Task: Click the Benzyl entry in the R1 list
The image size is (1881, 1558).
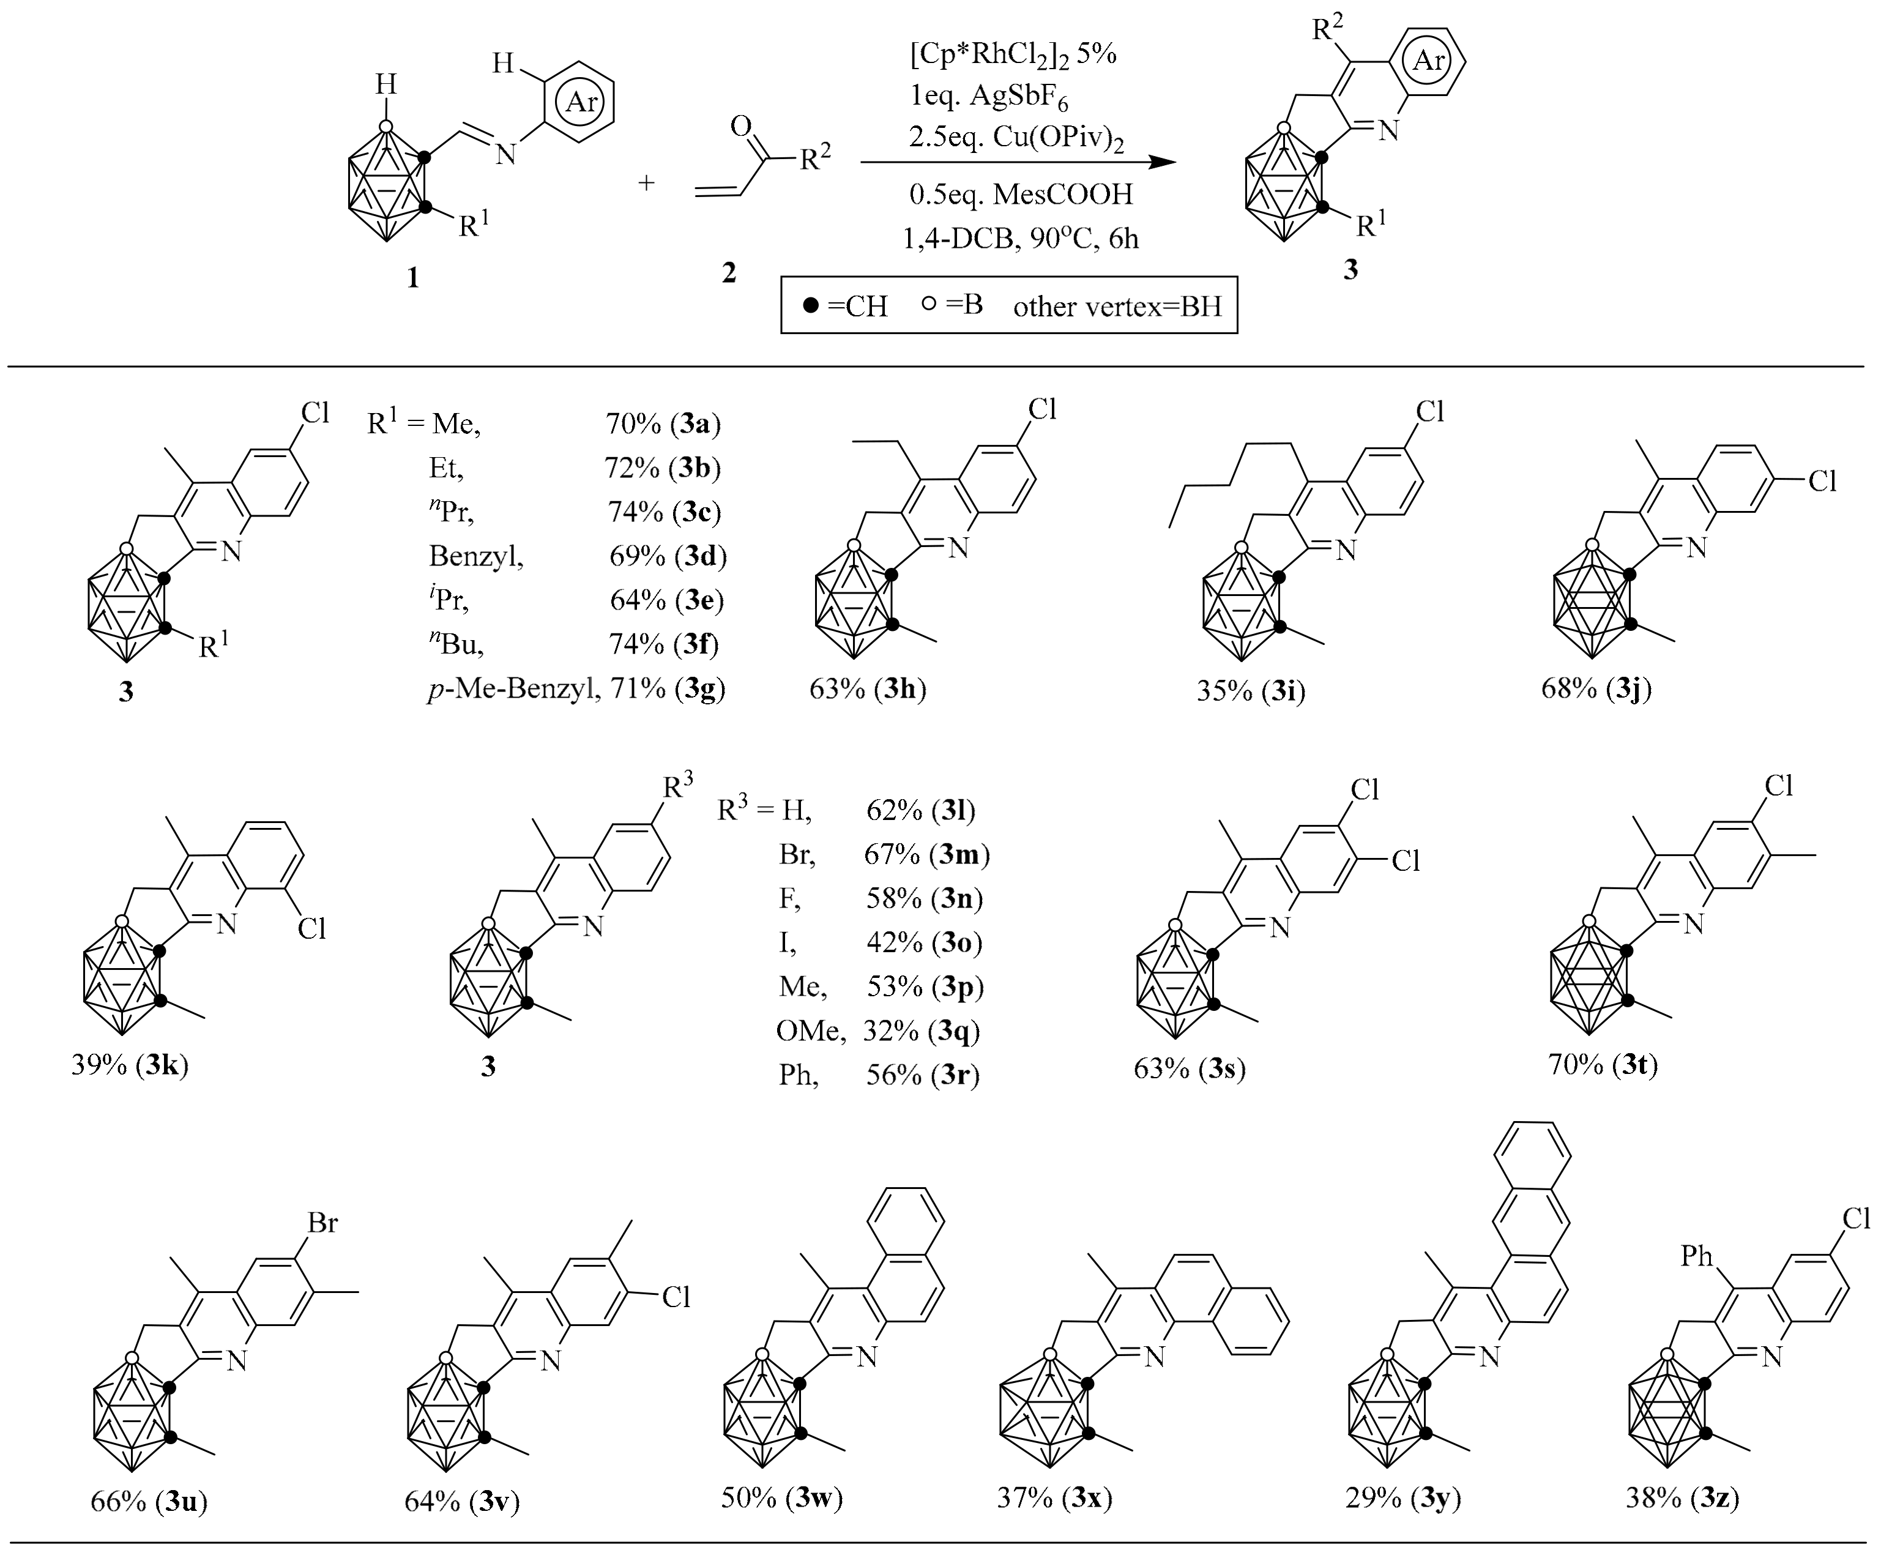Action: (475, 556)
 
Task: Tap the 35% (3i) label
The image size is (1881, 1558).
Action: (1250, 691)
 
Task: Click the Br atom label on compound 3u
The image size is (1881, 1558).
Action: (322, 1223)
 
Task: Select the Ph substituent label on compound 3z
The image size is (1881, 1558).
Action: (1696, 1256)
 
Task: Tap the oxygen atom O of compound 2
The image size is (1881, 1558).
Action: (740, 125)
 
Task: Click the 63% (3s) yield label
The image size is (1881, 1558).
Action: (1190, 1069)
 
